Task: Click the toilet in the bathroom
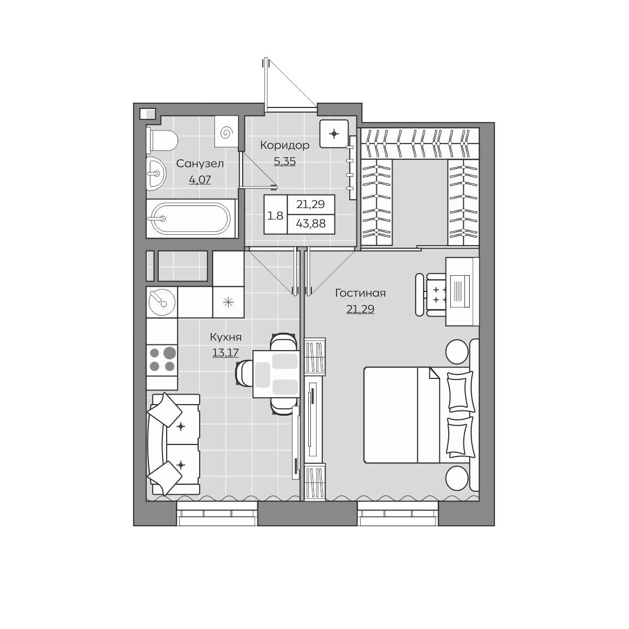161,140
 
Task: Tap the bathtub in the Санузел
191,219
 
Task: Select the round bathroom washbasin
156,173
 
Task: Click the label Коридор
285,145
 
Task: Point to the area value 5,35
285,161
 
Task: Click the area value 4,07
200,180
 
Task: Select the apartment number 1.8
275,216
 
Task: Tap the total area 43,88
311,224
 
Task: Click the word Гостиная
360,293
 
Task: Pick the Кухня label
225,337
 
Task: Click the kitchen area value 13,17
225,353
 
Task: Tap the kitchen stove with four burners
162,360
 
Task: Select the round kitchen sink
162,302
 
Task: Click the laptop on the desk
460,291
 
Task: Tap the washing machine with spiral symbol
226,132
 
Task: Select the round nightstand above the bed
457,351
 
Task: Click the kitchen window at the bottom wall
218,514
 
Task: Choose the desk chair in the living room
431,295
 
